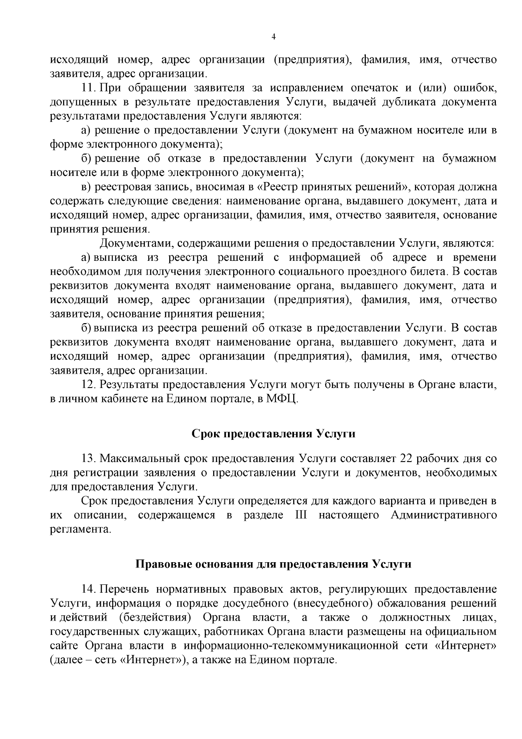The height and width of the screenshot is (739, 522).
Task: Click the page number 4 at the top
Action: [273, 37]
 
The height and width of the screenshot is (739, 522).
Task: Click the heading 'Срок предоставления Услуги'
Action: [273, 434]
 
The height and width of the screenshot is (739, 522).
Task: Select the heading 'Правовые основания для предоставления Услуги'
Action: [273, 564]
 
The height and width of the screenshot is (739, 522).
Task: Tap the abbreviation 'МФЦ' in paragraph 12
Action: [286, 399]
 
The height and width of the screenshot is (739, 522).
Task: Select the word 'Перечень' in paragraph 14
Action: [124, 589]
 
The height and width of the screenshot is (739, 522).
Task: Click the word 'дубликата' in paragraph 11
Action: [410, 102]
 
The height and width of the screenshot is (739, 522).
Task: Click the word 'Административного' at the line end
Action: [444, 515]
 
